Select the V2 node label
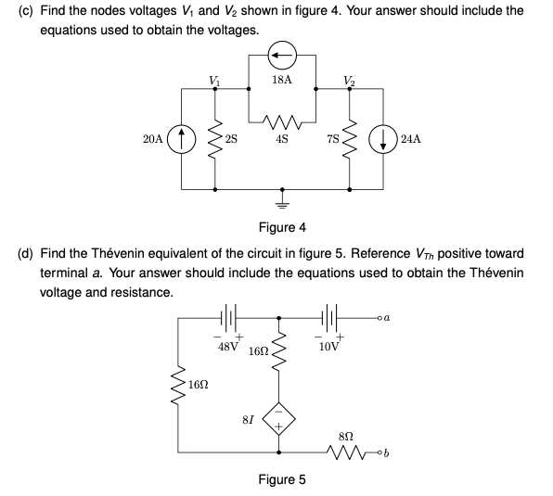point(348,79)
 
